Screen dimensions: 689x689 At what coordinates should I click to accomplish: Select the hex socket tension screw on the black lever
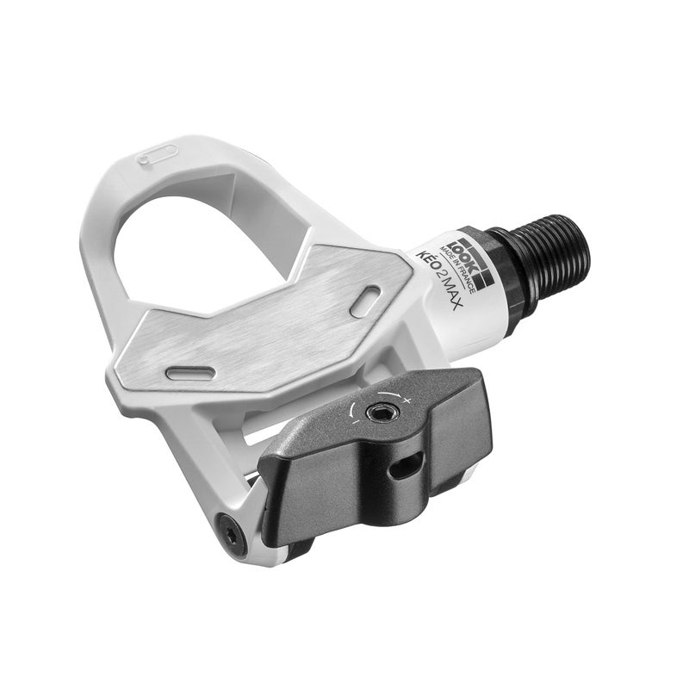coord(378,413)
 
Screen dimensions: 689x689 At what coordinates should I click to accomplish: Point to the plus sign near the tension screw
coord(406,401)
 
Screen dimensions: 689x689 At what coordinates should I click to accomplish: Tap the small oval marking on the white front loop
coord(158,154)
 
